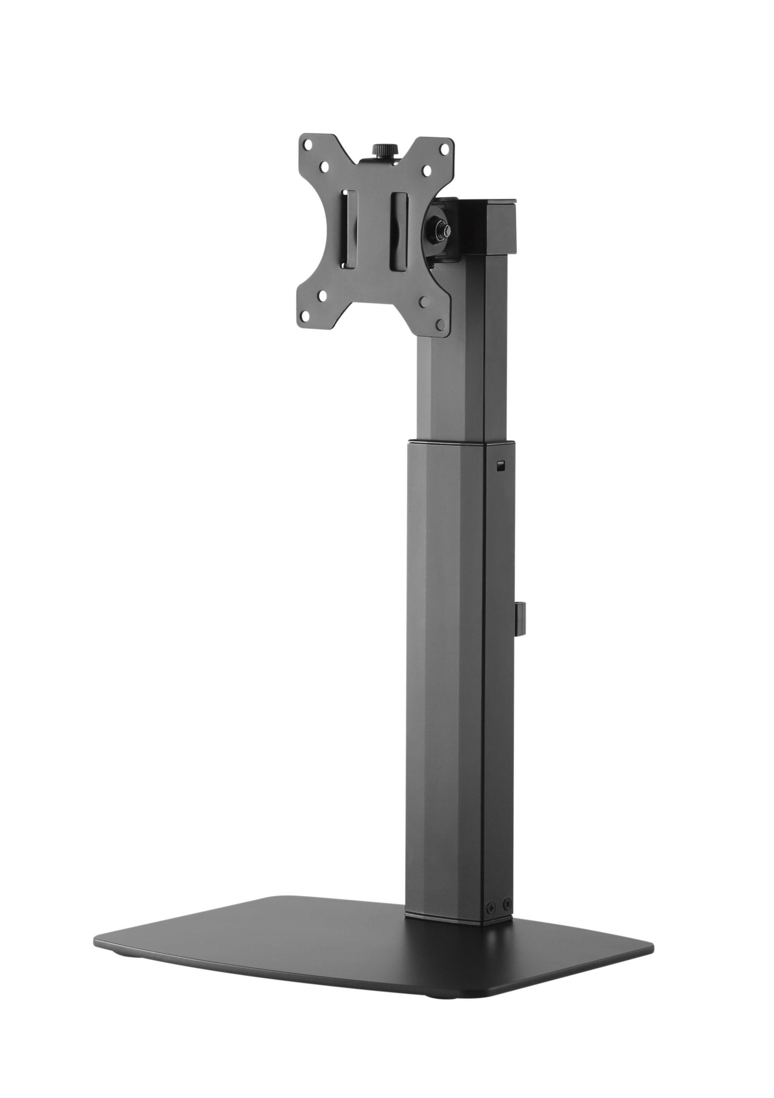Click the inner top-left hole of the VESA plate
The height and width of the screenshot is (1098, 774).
tap(325, 168)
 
